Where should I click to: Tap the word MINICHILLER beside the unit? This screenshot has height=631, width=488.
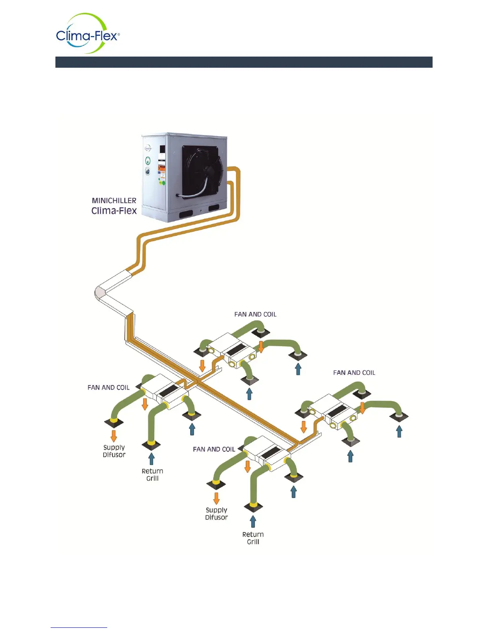tap(114, 201)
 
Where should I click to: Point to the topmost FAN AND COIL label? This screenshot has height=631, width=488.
tap(255, 314)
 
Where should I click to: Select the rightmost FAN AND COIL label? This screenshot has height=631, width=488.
tap(354, 373)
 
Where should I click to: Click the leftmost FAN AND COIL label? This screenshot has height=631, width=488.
tap(108, 388)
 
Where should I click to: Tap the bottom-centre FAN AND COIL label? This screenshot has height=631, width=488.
tap(214, 449)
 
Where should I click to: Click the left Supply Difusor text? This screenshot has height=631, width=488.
tap(114, 451)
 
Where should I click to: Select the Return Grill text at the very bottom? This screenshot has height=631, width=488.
tap(253, 538)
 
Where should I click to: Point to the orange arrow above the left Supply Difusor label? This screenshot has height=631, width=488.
tap(114, 436)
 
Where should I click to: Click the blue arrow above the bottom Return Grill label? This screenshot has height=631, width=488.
tap(253, 521)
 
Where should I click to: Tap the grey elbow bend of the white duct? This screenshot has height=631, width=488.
tap(99, 293)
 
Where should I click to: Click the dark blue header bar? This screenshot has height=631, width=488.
tap(244, 62)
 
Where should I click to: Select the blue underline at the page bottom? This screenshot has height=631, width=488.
tap(79, 627)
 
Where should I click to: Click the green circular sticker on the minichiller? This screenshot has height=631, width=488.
tap(148, 161)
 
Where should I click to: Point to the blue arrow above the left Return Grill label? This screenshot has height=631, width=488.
tap(152, 459)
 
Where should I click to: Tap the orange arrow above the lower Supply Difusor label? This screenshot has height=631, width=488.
tap(216, 498)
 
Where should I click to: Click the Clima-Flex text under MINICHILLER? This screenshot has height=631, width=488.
tap(114, 211)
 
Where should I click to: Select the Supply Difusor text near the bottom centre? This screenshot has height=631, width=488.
tap(216, 514)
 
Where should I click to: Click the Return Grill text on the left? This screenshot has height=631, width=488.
tap(152, 475)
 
